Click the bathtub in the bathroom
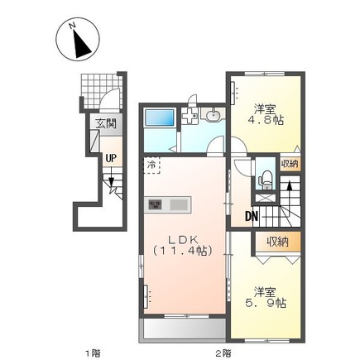[x=159, y=118]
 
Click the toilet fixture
[x=265, y=176]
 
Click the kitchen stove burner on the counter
[x=155, y=204]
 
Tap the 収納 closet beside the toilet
[x=288, y=163]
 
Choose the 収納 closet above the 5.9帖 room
[x=277, y=242]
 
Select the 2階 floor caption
[x=223, y=353]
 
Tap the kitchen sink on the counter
[x=178, y=204]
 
